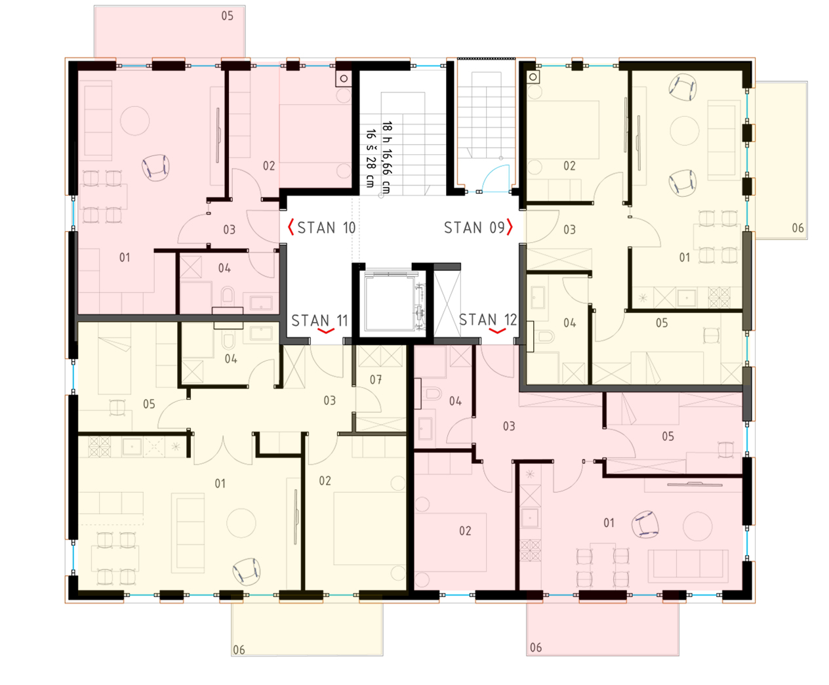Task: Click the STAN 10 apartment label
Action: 327,228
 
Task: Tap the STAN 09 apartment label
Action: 474,228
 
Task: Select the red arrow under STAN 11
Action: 326,331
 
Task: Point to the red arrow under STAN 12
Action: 498,331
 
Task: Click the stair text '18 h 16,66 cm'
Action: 387,157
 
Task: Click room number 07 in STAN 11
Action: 376,380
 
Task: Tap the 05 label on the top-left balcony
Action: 227,16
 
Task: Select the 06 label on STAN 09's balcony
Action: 798,228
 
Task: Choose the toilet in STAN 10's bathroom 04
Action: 228,296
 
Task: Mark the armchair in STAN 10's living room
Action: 155,167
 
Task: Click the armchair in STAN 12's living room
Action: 645,524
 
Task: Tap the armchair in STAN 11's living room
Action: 246,571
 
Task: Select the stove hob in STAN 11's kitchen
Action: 99,447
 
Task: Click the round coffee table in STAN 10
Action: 135,121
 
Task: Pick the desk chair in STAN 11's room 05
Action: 117,407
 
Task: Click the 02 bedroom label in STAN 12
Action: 465,531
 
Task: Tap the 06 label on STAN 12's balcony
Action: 536,648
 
